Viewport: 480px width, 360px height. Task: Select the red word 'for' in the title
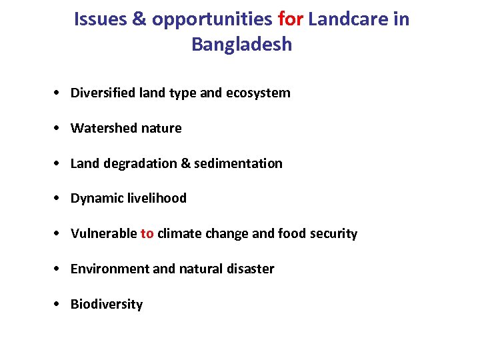290,19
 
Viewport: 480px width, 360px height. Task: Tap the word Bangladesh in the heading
241,45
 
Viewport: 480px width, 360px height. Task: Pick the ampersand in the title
139,19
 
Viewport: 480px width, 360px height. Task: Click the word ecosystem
258,93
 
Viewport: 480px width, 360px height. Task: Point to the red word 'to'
147,233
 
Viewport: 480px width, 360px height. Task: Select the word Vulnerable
103,233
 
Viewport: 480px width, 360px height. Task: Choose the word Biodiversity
107,305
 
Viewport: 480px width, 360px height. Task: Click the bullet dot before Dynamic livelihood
59,199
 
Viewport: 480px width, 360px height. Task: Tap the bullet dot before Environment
59,269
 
